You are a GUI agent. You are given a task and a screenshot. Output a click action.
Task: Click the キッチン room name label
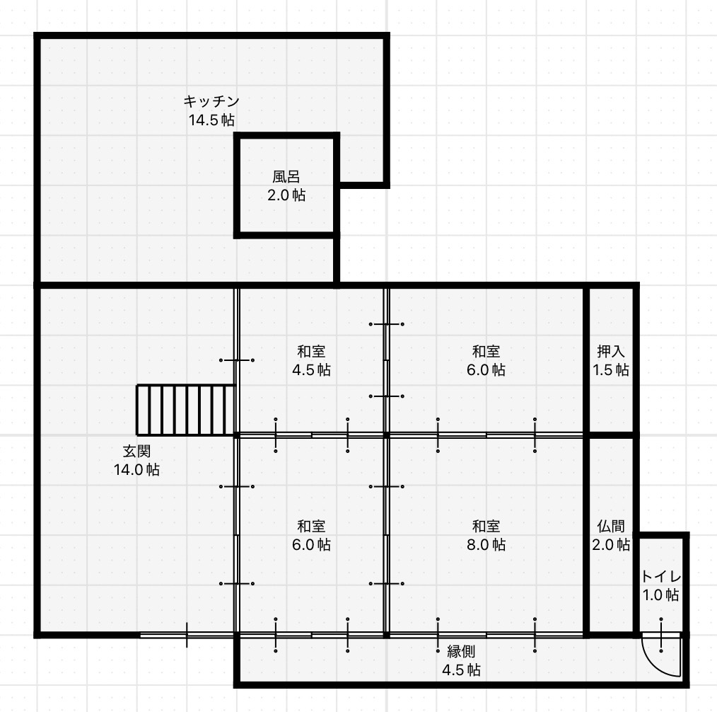(x=211, y=101)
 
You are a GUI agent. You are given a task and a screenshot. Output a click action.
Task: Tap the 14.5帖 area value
(x=211, y=120)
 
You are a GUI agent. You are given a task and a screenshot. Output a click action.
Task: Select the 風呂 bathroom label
(x=286, y=177)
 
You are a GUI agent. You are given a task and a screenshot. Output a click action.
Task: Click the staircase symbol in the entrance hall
(x=186, y=410)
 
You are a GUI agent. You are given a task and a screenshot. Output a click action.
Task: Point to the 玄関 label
(x=136, y=451)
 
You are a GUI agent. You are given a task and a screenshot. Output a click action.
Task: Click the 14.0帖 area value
(x=136, y=469)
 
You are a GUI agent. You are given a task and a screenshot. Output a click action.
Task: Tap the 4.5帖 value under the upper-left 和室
(x=311, y=369)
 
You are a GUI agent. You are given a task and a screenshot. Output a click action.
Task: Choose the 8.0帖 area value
(x=486, y=544)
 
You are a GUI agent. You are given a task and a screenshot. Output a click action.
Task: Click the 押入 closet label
(x=611, y=352)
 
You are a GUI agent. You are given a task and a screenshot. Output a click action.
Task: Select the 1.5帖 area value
(x=611, y=369)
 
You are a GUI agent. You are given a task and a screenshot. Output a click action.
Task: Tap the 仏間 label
(x=611, y=527)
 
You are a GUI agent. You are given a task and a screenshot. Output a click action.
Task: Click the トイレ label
(x=660, y=577)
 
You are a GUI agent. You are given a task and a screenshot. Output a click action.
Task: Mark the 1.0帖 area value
(x=660, y=595)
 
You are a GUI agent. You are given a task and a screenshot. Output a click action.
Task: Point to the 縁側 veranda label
(x=461, y=651)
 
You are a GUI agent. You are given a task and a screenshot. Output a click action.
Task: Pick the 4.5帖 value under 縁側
(x=461, y=670)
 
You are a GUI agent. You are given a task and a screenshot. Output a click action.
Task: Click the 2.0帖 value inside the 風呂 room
(x=286, y=195)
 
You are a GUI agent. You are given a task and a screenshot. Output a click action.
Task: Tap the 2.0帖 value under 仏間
(x=611, y=544)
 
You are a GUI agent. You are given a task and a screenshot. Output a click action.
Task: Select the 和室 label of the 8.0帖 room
(x=486, y=527)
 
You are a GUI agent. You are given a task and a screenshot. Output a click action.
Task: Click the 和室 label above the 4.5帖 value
(x=311, y=352)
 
